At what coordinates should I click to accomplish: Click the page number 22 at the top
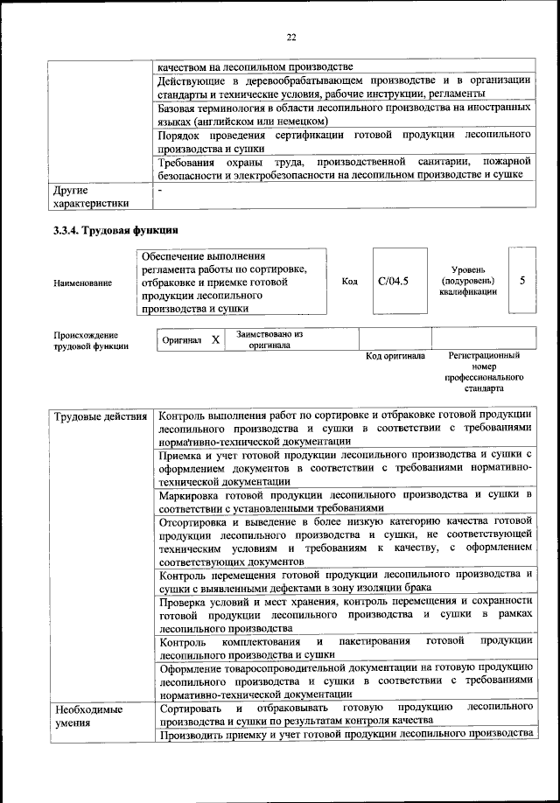click(291, 37)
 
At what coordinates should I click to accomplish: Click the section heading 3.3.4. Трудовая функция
click(116, 232)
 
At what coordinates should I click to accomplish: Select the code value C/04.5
click(393, 281)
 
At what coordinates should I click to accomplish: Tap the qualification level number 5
click(522, 281)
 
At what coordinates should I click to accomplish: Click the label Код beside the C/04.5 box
click(349, 282)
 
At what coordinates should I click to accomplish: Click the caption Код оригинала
click(395, 357)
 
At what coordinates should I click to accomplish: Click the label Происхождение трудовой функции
click(86, 340)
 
